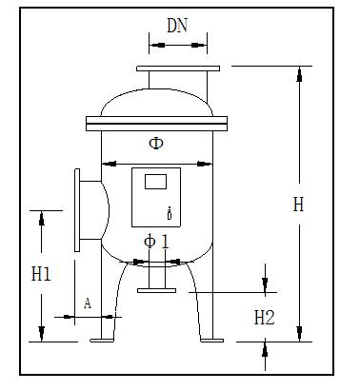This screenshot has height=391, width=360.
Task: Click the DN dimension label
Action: pos(176,27)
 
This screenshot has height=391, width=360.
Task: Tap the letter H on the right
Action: pos(298,204)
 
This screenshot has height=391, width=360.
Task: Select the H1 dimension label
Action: pos(41,276)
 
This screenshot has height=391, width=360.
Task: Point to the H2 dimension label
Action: pos(264,318)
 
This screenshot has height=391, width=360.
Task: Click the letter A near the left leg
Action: pos(88,303)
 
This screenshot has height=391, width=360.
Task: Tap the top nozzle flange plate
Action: pos(177,69)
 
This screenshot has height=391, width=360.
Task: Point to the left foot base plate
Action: pos(102,340)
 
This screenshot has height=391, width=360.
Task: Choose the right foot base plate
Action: pos(211,340)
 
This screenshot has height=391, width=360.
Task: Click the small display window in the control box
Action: pos(155,182)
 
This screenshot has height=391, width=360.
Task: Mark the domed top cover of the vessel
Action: pos(157,100)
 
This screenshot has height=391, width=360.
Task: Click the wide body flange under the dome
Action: pos(157,121)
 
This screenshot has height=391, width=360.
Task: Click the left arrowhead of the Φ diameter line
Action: pos(106,162)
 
